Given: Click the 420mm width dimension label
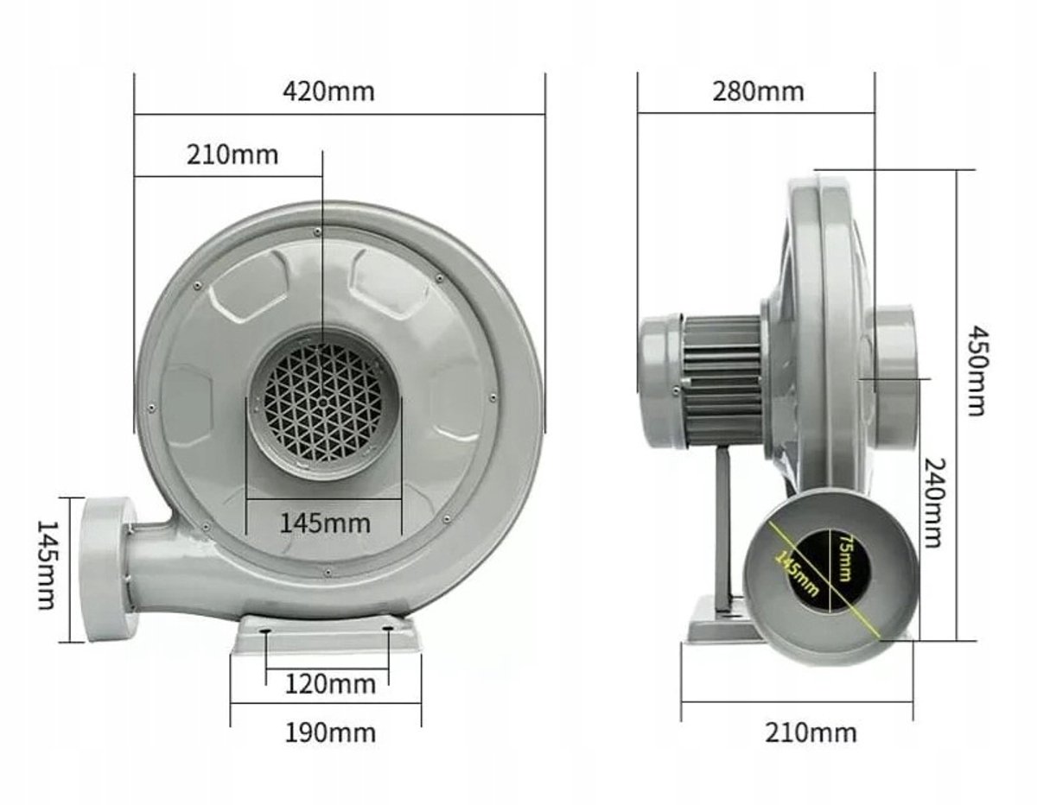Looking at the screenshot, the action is click(328, 92).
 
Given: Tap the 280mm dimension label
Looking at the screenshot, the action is click(758, 92).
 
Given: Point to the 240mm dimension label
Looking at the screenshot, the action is click(933, 503).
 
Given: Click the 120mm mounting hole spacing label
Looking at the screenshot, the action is click(330, 684).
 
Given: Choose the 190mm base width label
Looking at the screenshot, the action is click(330, 733).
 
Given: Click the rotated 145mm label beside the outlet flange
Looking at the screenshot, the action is click(47, 565).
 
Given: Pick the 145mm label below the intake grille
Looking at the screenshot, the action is click(325, 523).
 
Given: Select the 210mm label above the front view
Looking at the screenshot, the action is click(232, 155).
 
